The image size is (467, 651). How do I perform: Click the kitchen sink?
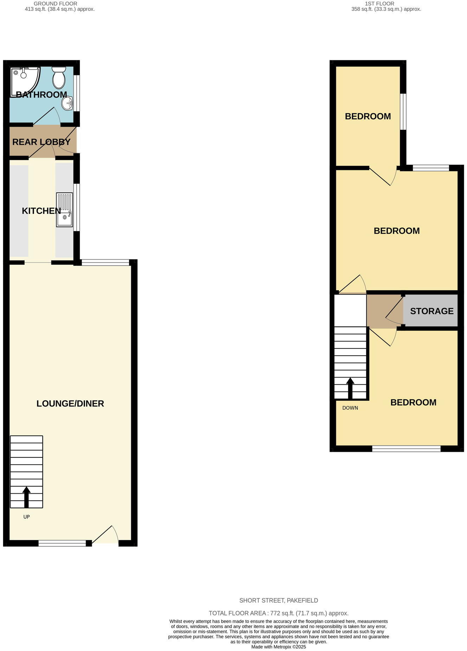65,210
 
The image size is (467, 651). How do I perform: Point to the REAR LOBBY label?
41,142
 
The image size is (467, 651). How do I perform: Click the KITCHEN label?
41,211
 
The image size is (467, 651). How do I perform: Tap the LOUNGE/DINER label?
70,403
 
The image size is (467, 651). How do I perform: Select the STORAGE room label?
432,311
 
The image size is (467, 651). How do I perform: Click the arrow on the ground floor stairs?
26,497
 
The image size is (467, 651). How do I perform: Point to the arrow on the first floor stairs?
350,388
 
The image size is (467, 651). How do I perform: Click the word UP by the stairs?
26,517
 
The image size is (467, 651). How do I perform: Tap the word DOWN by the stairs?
350,408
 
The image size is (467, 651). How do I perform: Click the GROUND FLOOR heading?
56,4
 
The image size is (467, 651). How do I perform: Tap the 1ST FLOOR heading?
379,4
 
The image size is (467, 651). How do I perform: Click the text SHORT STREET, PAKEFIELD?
279,600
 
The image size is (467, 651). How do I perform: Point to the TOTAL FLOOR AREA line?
279,613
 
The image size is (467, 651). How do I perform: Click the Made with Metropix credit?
279,647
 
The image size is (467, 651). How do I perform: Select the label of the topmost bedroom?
368,116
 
